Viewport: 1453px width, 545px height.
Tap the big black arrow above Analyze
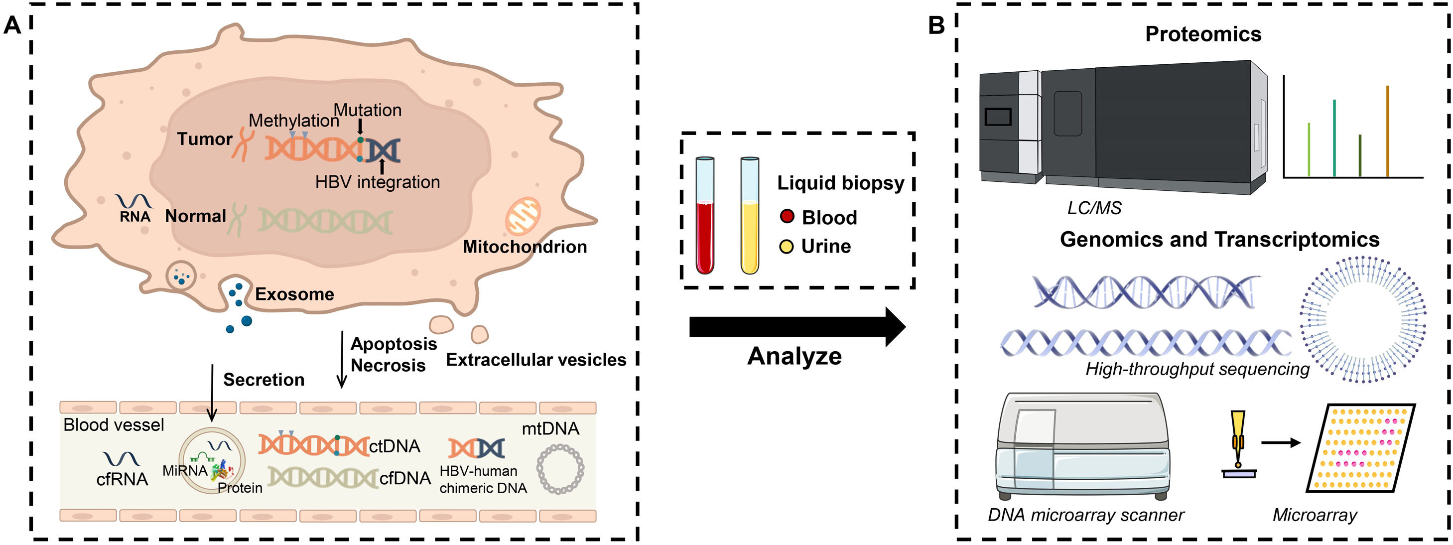click(795, 327)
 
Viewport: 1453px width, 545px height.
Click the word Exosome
click(294, 294)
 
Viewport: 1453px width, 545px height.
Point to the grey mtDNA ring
click(559, 469)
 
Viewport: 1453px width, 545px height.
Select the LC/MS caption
click(1094, 208)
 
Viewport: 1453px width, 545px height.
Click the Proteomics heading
click(1202, 34)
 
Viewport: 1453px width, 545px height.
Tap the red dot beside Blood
click(787, 217)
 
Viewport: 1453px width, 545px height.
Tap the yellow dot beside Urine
click(787, 246)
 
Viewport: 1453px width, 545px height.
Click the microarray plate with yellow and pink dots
click(1360, 448)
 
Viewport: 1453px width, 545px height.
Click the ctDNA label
click(395, 446)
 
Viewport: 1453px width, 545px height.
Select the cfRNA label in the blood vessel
click(122, 479)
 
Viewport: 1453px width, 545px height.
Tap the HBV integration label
click(378, 182)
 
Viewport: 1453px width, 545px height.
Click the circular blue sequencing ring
click(1363, 319)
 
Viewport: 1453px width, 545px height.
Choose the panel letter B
click(936, 25)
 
